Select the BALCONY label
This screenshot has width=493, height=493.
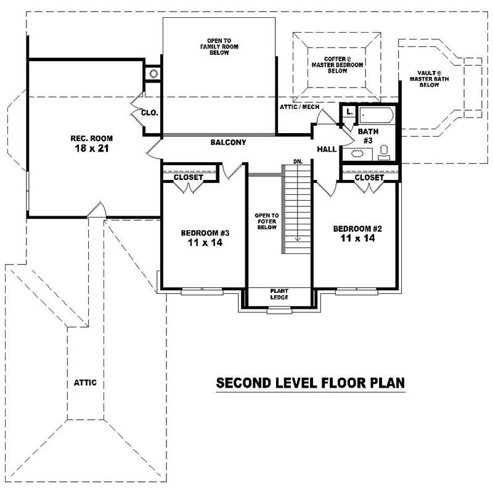[x=228, y=142]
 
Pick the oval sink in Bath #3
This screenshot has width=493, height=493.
[x=357, y=153]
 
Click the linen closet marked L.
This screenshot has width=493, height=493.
[x=349, y=112]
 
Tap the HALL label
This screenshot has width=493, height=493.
[x=327, y=150]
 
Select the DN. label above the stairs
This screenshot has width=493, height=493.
[x=298, y=161]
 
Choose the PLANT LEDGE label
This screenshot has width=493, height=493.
[x=279, y=295]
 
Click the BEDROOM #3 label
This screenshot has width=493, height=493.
[x=205, y=233]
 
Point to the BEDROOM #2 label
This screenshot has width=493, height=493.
[x=357, y=229]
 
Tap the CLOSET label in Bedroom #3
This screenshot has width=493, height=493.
[x=189, y=177]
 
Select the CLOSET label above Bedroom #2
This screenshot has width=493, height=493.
[x=369, y=177]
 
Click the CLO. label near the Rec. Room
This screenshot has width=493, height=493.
[x=150, y=113]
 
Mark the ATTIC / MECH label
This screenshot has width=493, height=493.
[x=299, y=107]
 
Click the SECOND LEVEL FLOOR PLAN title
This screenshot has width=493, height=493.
[x=310, y=383]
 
